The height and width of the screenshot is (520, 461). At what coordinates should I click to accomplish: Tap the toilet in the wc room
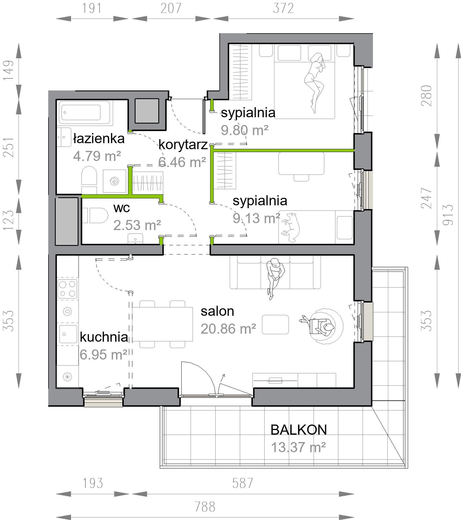pyautogui.click(x=95, y=215)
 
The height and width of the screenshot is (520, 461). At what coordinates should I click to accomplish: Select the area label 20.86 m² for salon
pyautogui.click(x=228, y=329)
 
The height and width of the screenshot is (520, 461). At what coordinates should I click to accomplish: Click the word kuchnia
pyautogui.click(x=104, y=337)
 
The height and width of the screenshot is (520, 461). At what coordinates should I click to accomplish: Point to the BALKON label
pyautogui.click(x=298, y=430)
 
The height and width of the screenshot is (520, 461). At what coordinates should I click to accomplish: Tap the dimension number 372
pyautogui.click(x=283, y=8)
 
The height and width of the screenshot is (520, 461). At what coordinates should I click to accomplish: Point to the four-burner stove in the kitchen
pyautogui.click(x=67, y=289)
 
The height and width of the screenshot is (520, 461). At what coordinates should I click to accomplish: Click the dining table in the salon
pyautogui.click(x=162, y=324)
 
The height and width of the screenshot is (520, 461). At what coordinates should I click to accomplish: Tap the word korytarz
pyautogui.click(x=183, y=145)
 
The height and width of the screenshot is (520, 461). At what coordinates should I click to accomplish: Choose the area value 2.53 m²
pyautogui.click(x=137, y=225)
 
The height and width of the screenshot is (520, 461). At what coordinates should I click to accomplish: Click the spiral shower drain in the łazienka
pyautogui.click(x=114, y=181)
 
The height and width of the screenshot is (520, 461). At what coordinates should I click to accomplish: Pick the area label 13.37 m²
pyautogui.click(x=298, y=447)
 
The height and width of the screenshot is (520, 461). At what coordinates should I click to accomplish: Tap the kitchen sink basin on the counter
pyautogui.click(x=68, y=334)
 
